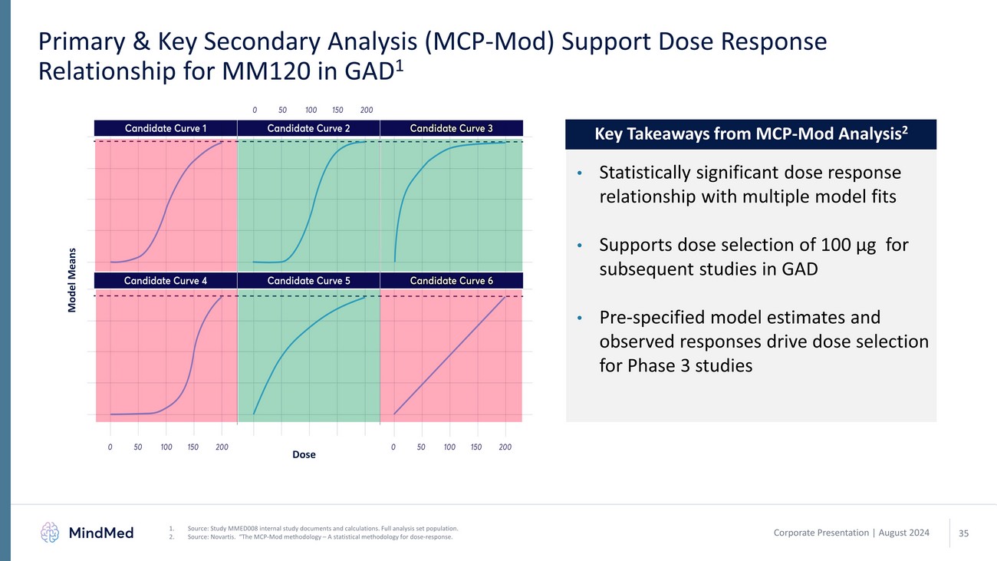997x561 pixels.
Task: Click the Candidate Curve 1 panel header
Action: [166, 128]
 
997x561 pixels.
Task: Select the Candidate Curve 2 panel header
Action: [308, 128]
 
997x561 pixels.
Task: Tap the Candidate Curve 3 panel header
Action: [451, 128]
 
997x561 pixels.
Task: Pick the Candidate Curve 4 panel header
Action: [166, 281]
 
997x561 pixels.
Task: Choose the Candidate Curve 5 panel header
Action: [308, 281]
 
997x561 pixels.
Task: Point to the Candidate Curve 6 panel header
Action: [451, 281]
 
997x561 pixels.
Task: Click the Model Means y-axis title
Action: [72, 279]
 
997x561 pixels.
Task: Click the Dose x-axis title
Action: [304, 455]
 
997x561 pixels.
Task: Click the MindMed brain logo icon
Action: [50, 532]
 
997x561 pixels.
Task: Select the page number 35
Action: [964, 533]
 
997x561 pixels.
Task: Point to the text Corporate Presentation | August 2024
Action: [851, 533]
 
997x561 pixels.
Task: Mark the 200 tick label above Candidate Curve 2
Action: [367, 111]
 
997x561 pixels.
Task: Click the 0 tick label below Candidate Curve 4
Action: [110, 446]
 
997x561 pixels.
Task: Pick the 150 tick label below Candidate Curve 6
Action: [476, 446]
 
